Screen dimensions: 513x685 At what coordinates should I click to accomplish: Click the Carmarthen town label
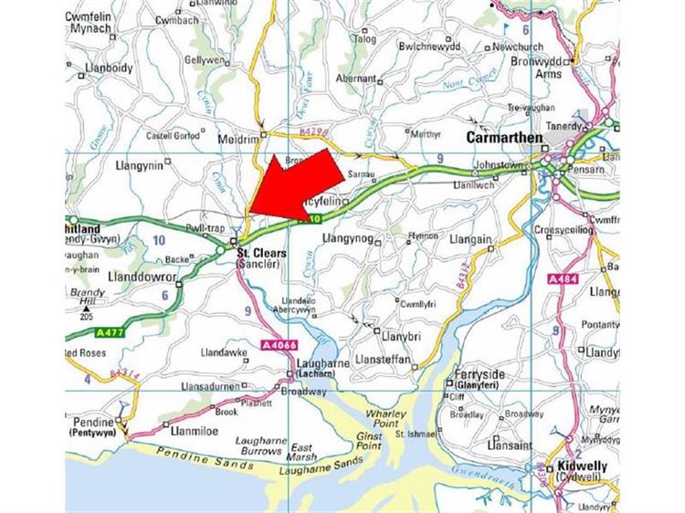tap(504, 138)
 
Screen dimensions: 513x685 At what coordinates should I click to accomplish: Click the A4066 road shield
tap(278, 345)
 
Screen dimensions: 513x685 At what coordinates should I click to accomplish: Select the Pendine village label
tap(94, 423)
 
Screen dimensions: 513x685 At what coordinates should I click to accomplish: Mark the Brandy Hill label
tap(88, 298)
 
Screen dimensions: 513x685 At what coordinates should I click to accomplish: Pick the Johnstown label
tap(501, 168)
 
